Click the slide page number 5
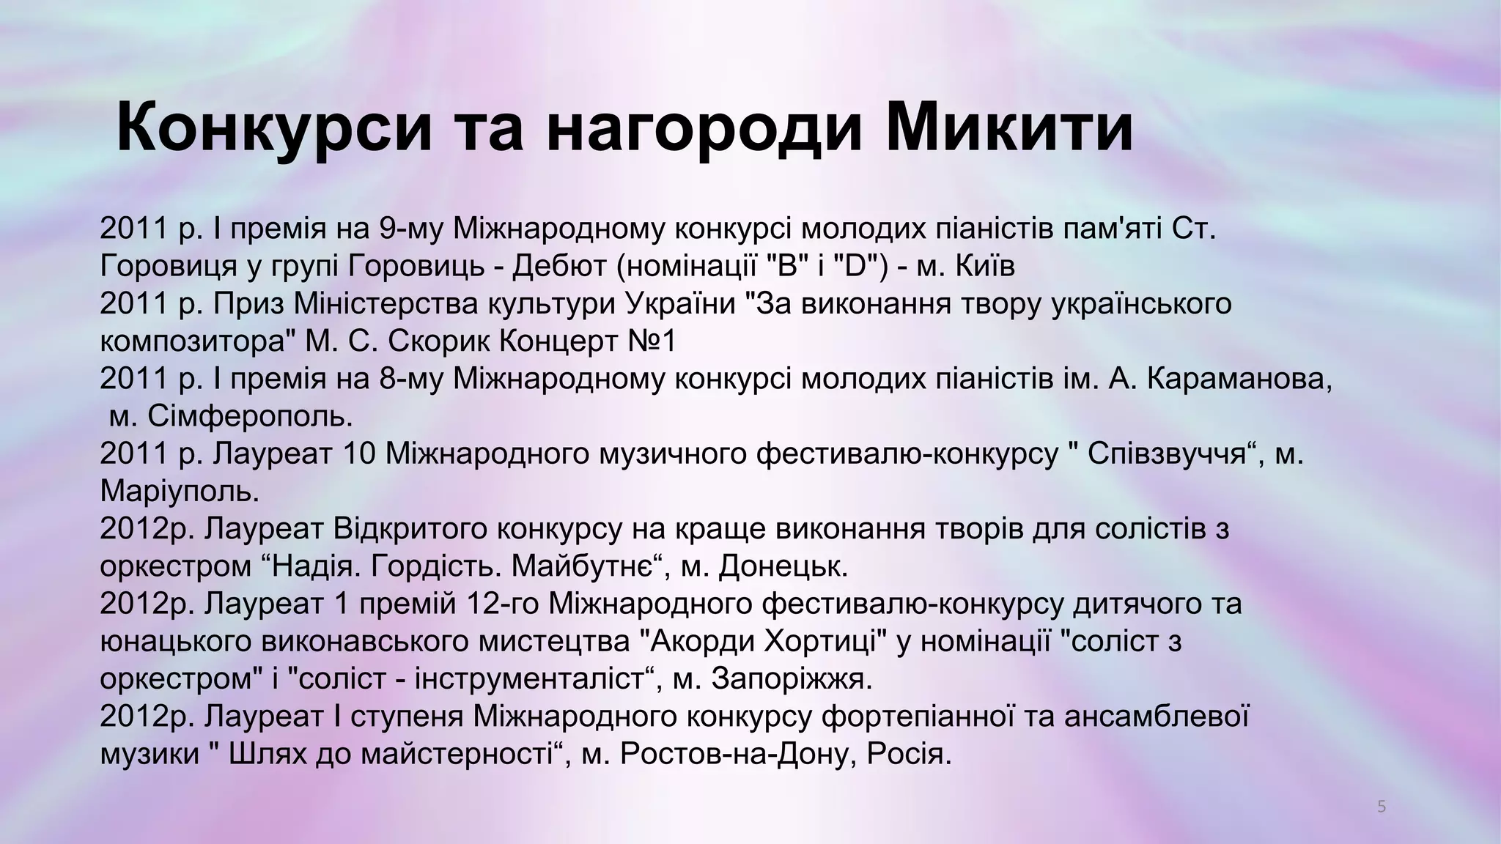pyautogui.click(x=1382, y=807)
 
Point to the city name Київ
pyautogui.click(x=986, y=266)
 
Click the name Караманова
pyautogui.click(x=1238, y=379)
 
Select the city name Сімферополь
pyautogui.click(x=250, y=416)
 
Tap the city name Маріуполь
pyautogui.click(x=180, y=491)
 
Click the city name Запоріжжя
pyautogui.click(x=791, y=679)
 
